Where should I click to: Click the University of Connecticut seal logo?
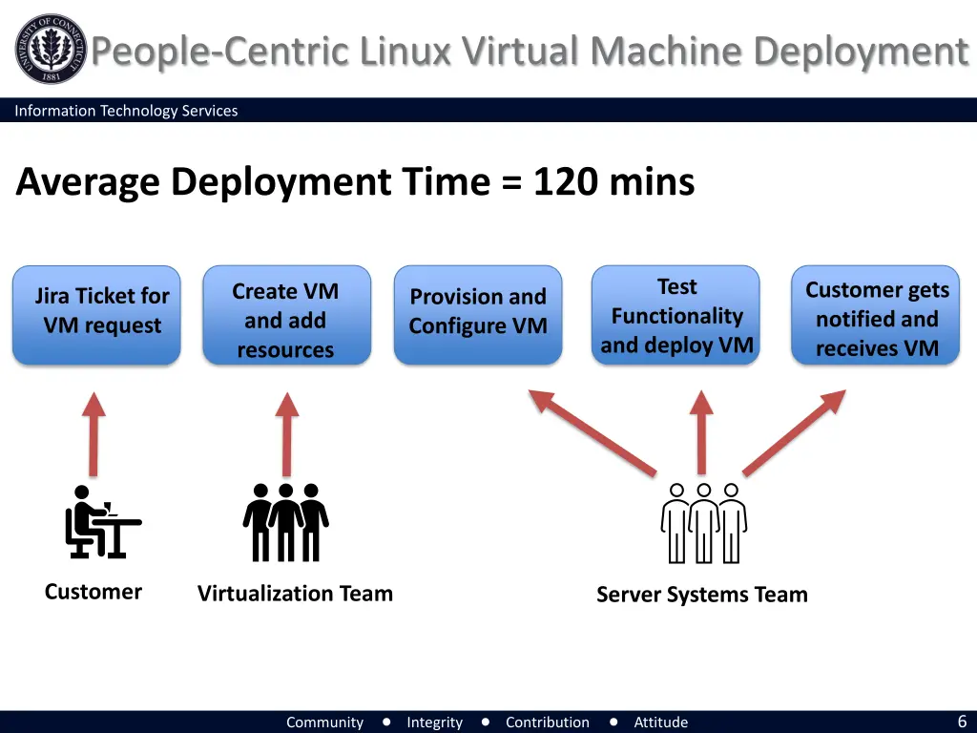(50, 50)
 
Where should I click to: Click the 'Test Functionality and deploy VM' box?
(676, 315)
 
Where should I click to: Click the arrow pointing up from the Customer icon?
(93, 433)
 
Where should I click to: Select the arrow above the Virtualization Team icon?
(286, 433)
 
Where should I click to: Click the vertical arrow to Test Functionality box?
(702, 431)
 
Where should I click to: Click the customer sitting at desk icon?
(100, 522)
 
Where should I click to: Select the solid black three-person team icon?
(285, 522)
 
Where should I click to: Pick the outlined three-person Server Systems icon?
(703, 523)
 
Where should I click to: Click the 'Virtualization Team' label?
(295, 594)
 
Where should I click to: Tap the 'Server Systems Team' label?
(701, 595)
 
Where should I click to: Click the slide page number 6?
(962, 722)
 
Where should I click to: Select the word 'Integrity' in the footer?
(434, 723)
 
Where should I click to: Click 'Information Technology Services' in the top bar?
(126, 111)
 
